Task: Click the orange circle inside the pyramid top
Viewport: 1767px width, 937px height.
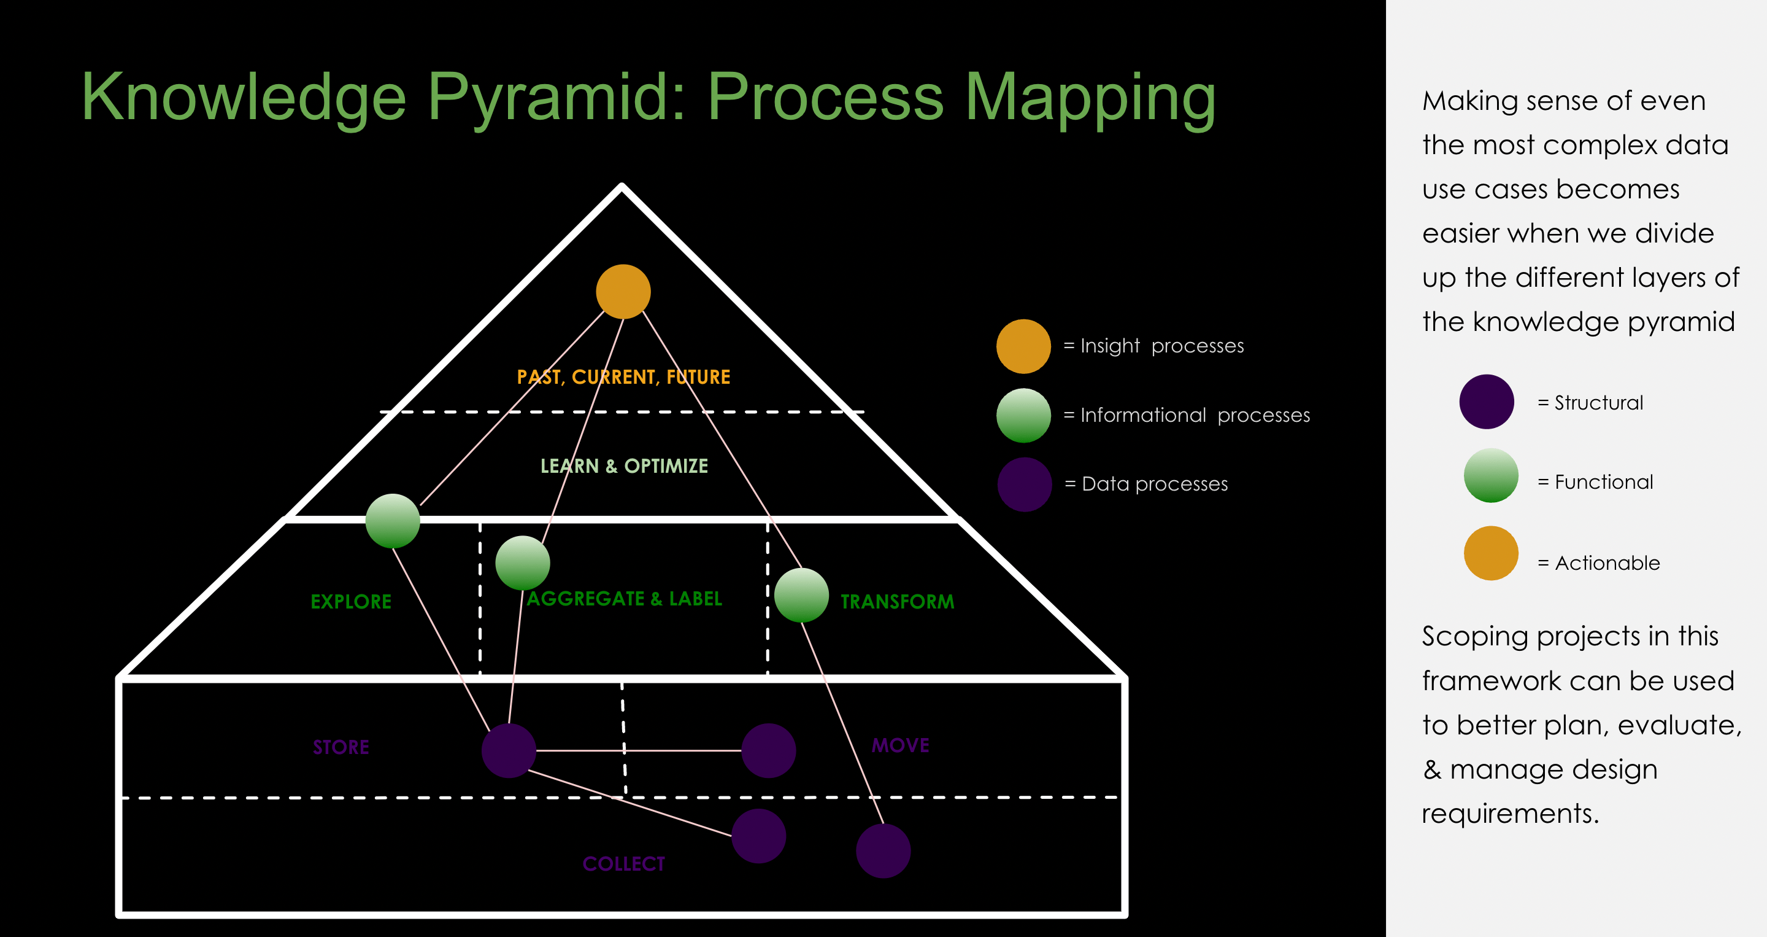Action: click(x=623, y=292)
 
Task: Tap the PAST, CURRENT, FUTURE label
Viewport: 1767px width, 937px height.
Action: click(x=623, y=377)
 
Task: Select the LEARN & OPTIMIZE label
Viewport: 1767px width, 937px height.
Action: click(x=624, y=466)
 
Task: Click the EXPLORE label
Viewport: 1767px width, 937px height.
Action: click(x=351, y=602)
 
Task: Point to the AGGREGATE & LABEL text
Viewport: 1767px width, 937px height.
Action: click(x=624, y=599)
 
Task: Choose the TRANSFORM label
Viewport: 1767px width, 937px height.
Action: click(x=897, y=602)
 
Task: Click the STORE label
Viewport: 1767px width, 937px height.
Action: click(x=341, y=747)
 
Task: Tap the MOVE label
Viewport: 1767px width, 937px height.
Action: click(x=901, y=745)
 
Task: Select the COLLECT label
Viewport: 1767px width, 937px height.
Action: click(x=623, y=863)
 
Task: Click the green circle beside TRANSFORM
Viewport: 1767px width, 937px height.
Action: click(x=801, y=595)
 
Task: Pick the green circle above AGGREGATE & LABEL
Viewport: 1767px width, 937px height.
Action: click(x=523, y=563)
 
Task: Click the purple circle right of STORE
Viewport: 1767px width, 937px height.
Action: click(x=508, y=750)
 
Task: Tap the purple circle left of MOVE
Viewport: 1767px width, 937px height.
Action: click(x=768, y=750)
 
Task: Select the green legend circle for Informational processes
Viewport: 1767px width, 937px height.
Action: click(x=1023, y=415)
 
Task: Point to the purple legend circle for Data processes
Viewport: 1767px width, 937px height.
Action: click(x=1024, y=484)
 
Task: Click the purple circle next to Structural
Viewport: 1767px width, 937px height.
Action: click(x=1487, y=402)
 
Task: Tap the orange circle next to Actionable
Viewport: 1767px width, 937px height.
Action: click(x=1490, y=553)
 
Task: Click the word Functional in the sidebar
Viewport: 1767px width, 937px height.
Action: click(x=1604, y=482)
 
